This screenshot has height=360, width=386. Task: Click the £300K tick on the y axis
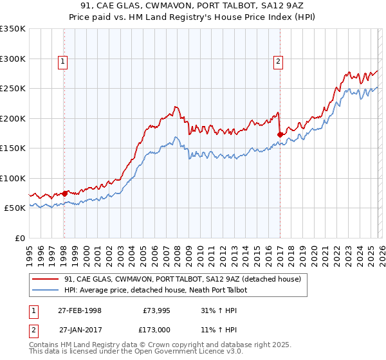click(13, 59)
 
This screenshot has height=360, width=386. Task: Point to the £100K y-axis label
click(13, 178)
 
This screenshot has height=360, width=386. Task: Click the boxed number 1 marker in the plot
click(63, 62)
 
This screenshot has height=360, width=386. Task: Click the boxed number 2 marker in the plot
click(278, 62)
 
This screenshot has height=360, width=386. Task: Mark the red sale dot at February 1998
click(64, 194)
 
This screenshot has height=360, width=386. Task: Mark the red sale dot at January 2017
click(280, 134)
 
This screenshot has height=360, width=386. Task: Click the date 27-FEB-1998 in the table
click(79, 310)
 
